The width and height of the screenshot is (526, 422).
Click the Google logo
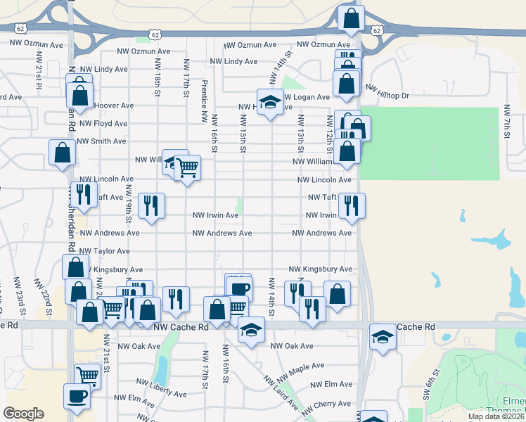23,414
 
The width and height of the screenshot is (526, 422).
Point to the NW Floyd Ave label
103,123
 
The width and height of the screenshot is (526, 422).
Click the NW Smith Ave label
102,141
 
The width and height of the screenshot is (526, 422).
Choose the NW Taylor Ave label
104,251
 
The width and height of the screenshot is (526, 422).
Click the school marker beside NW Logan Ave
269,104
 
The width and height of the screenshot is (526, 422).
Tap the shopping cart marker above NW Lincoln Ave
187,169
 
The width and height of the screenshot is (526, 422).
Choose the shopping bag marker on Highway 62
351,19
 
